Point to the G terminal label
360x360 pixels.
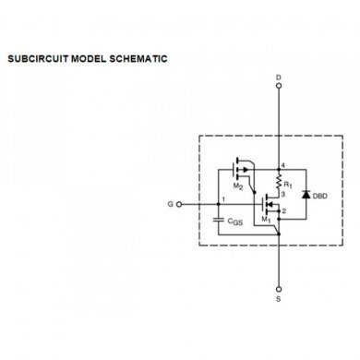pos(167,202)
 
